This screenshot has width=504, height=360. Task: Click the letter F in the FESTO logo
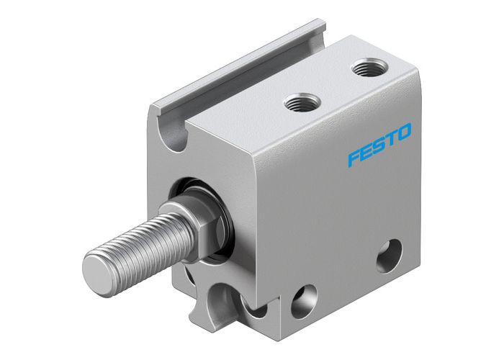[x=353, y=157]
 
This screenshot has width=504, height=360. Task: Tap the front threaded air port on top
[x=300, y=103]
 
